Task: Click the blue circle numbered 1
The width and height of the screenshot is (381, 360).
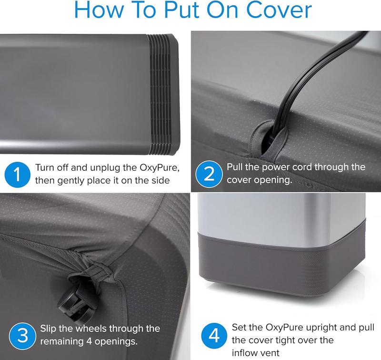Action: pos(17,175)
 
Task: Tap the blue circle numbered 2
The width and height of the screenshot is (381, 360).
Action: pos(209,174)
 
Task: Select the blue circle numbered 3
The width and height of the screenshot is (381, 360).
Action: pos(22,336)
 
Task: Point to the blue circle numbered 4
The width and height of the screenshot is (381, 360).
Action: pos(214,336)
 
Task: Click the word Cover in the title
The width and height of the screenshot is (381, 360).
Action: pos(279,10)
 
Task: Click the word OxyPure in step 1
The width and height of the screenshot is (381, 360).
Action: pos(160,168)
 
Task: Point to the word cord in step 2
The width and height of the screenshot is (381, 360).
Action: pos(301,167)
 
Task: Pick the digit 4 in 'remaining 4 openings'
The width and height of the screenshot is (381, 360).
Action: pos(89,341)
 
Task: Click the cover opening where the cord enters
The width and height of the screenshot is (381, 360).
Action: pos(269,140)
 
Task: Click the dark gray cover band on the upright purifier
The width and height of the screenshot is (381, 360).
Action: pos(282,263)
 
